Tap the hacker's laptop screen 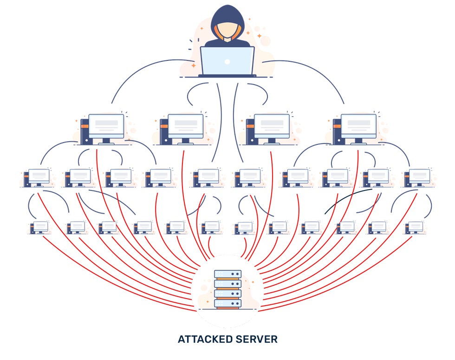(227, 60)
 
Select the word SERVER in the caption (257, 340)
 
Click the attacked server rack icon (227, 289)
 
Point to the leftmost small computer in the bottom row (40, 227)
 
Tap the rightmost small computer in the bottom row (415, 227)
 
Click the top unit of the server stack (227, 274)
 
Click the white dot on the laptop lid (227, 61)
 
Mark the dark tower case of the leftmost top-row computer (84, 131)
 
